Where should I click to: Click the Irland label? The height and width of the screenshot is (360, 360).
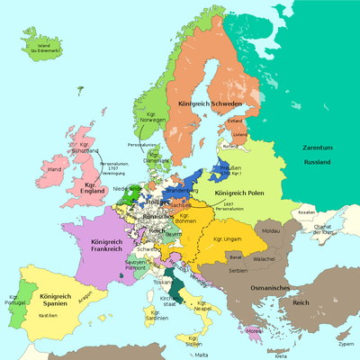tap(54, 169)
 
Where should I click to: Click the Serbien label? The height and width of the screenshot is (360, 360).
tap(238, 272)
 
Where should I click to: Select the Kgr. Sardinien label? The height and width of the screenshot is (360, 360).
tap(155, 315)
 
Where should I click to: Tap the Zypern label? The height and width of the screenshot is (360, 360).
tap(346, 344)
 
